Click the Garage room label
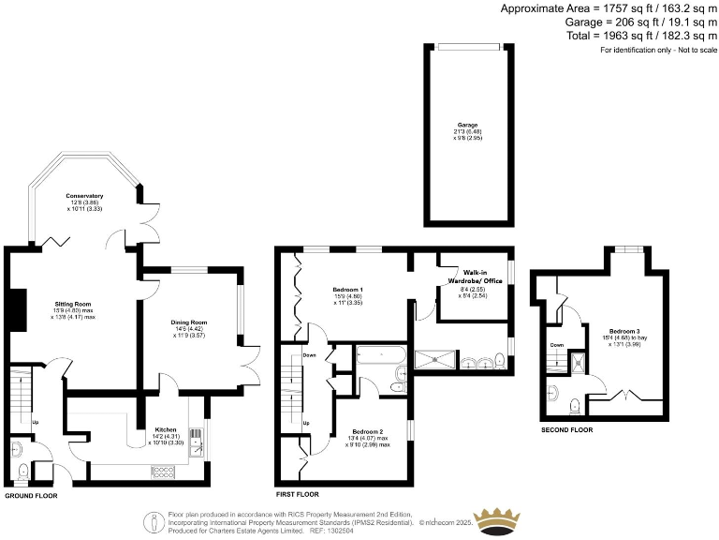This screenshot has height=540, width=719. [467, 125]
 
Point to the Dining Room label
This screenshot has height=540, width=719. [188, 322]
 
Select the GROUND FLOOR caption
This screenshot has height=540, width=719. [31, 495]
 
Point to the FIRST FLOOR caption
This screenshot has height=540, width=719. [298, 494]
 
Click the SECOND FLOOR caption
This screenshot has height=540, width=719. [567, 430]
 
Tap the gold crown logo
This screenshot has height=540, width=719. [498, 521]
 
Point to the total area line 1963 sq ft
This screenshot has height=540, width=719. [638, 36]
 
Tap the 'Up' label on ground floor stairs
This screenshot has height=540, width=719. [36, 423]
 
